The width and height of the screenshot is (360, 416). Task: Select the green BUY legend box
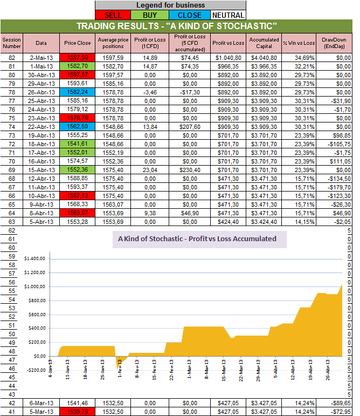[151, 15]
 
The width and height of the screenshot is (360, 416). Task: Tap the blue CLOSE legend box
[190, 15]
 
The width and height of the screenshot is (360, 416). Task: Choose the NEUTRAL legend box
[227, 15]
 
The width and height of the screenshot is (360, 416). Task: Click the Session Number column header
[11, 43]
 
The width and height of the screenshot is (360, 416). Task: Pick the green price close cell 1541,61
[78, 144]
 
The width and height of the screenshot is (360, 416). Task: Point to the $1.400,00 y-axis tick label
[37, 259]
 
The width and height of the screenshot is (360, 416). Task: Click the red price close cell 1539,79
[78, 412]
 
